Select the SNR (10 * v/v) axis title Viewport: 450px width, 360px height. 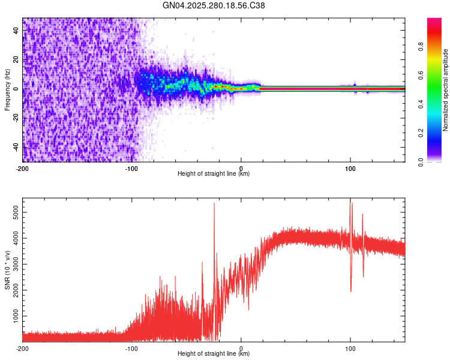pos(7,270)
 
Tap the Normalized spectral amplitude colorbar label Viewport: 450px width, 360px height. pos(446,90)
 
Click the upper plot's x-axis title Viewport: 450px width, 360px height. pos(214,174)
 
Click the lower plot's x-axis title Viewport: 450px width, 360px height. pos(214,354)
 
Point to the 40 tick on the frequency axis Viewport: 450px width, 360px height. pos(16,31)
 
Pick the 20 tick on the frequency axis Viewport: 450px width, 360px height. pos(16,60)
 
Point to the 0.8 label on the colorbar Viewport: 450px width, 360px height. pos(421,46)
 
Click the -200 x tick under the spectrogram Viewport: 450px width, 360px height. pos(23,167)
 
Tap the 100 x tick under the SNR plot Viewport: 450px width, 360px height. pos(350,347)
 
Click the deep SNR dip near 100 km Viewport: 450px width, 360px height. pos(351,290)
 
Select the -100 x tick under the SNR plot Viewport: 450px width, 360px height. pos(131,347)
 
